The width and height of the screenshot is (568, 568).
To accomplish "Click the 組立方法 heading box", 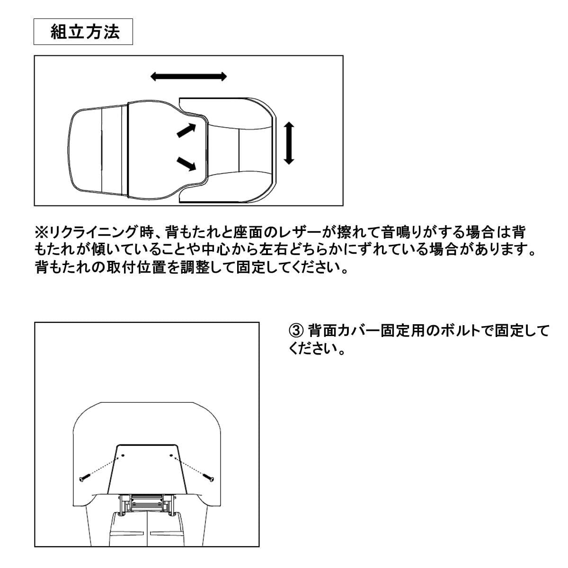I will [83, 32].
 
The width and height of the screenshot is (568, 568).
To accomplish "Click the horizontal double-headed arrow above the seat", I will [189, 77].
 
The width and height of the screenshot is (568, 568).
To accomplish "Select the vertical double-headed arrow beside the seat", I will [289, 143].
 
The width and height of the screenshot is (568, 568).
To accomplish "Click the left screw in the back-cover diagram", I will [84, 477].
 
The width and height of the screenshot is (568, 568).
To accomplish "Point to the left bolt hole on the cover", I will [122, 455].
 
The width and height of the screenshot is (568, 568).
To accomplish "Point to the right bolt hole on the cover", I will [171, 455].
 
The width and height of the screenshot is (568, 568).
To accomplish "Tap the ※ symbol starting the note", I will [41, 232].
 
